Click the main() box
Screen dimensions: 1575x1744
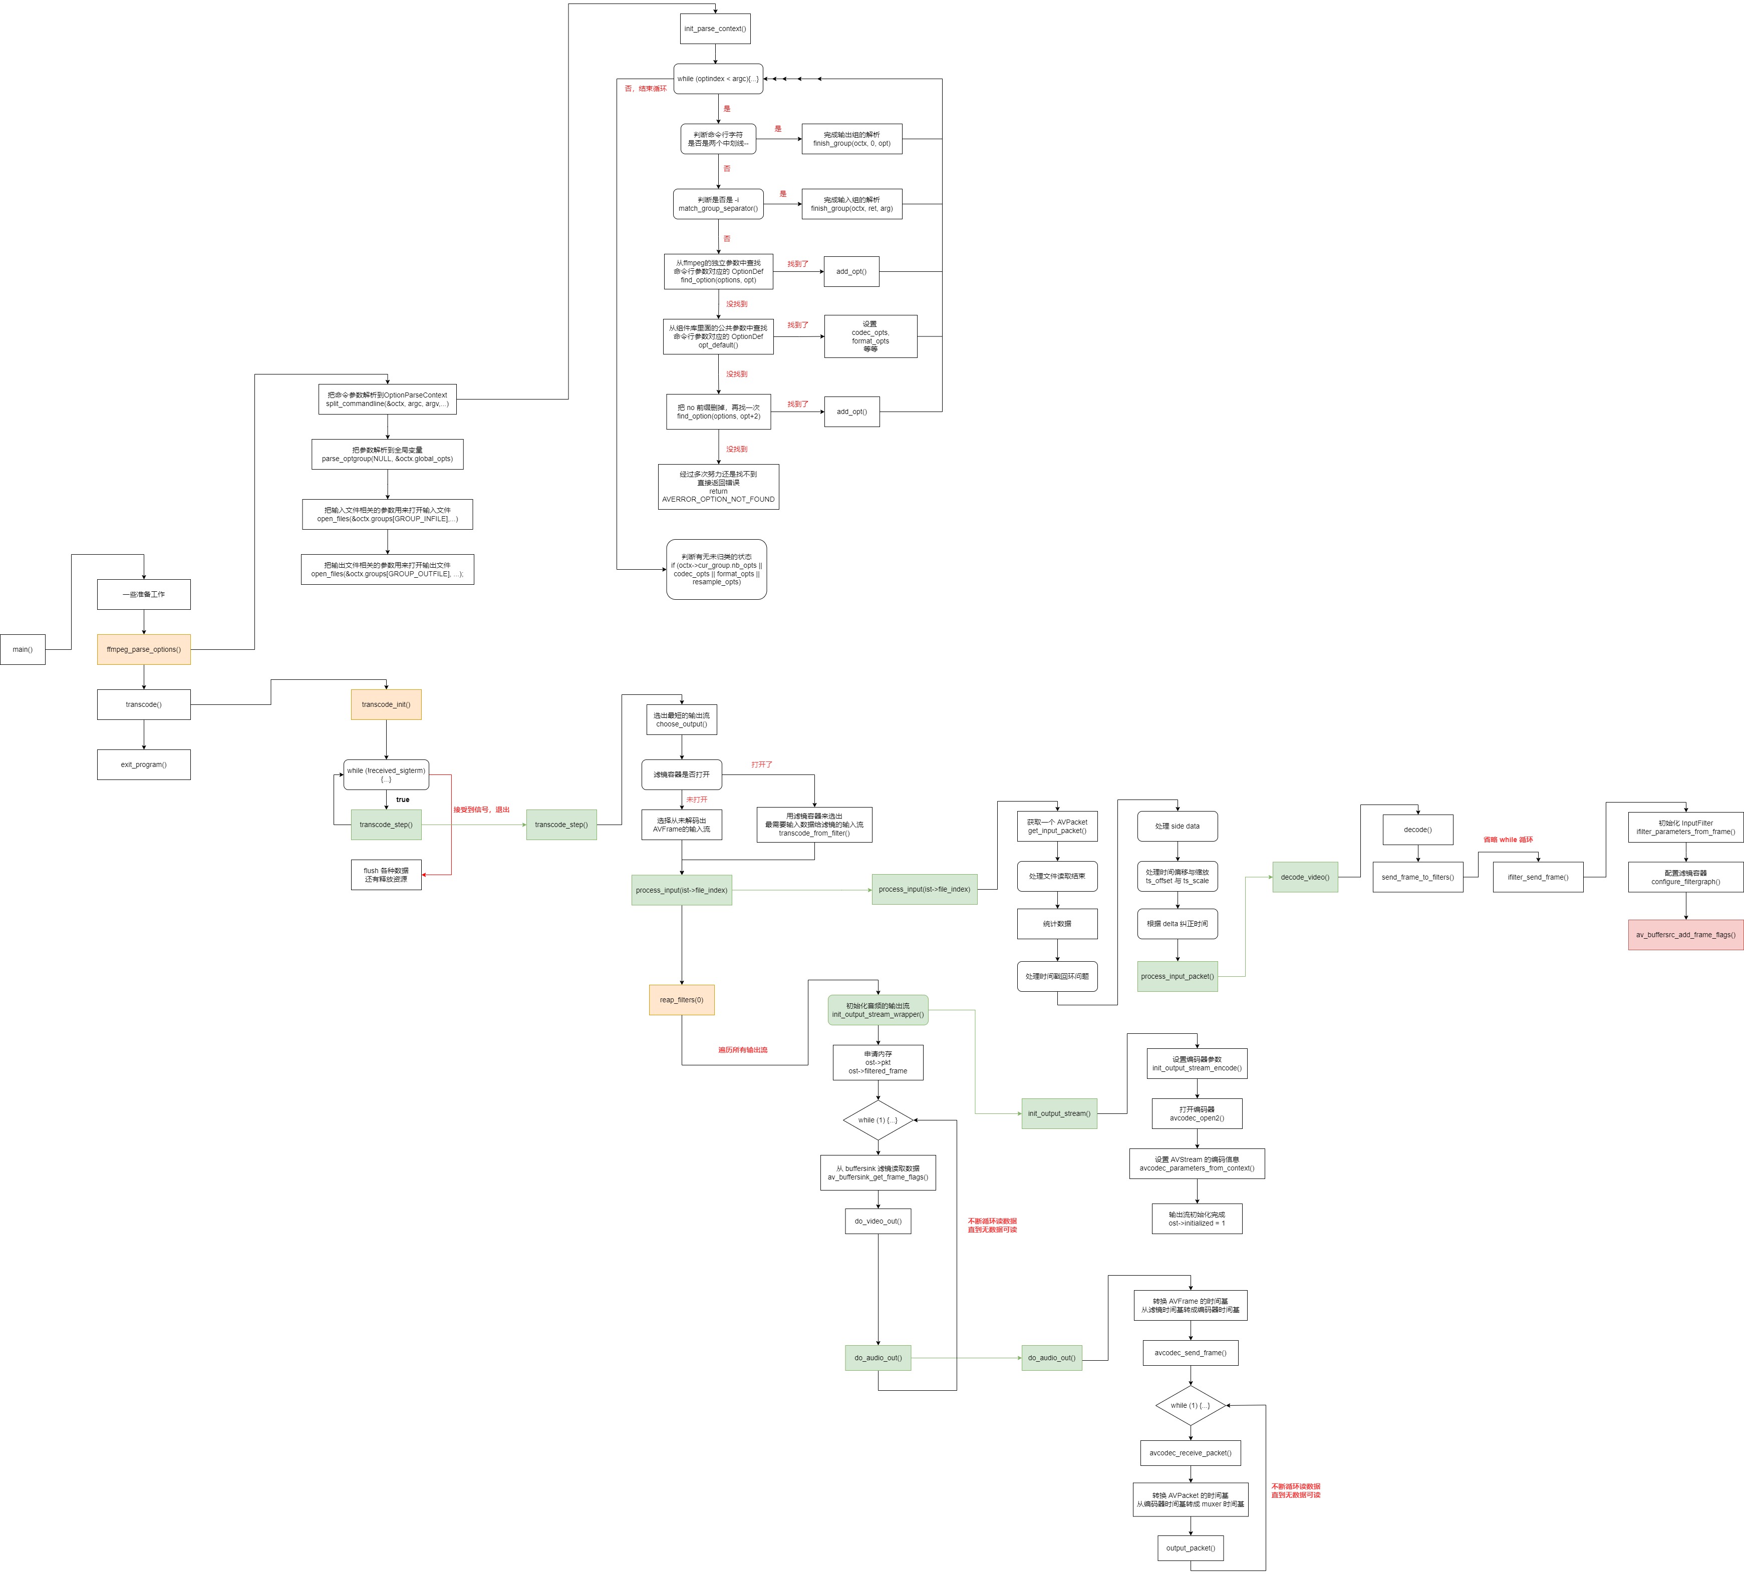tap(23, 649)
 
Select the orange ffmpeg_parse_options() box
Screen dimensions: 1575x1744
tap(144, 649)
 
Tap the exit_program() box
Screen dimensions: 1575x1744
tap(144, 764)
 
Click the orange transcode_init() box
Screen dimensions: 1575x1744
tap(386, 705)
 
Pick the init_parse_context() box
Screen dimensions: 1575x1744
tap(715, 29)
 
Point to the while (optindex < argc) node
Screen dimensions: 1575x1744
tap(718, 79)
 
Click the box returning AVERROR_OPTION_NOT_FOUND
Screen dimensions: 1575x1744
tap(718, 487)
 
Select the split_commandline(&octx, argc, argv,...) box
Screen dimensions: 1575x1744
tap(388, 400)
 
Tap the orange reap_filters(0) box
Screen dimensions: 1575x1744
tap(682, 1000)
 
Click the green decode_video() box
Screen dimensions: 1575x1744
tap(1305, 877)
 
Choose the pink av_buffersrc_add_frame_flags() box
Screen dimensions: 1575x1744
tap(1685, 935)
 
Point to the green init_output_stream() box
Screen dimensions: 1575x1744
tap(1059, 1114)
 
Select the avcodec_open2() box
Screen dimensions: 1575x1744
tap(1197, 1114)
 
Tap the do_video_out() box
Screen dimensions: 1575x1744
tap(878, 1221)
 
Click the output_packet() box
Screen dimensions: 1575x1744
tap(1191, 1548)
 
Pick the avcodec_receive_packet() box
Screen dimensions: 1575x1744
tap(1191, 1453)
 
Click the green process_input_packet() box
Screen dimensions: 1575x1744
tap(1178, 976)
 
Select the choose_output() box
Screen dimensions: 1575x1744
tap(682, 719)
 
